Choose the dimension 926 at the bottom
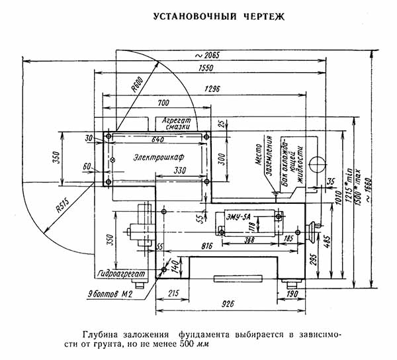229,305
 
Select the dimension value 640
157,140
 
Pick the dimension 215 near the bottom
173,292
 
